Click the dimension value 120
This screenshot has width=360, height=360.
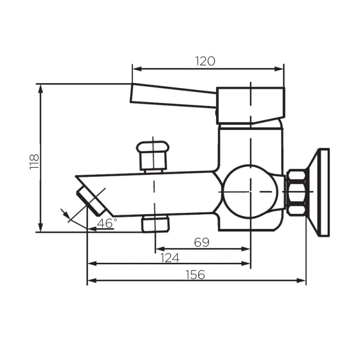(205, 61)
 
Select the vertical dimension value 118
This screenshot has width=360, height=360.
(34, 161)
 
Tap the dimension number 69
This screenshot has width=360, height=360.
(202, 242)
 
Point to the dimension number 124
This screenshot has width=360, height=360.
(170, 257)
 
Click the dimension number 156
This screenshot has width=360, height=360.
(195, 274)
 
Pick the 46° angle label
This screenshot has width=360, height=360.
(107, 223)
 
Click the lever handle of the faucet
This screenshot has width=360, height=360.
(173, 95)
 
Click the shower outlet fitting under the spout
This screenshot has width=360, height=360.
(155, 224)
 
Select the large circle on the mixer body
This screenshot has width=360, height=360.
(249, 191)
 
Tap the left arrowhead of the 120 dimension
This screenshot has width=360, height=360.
(135, 69)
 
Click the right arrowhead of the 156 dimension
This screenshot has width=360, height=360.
(303, 280)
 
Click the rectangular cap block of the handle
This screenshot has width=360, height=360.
(250, 105)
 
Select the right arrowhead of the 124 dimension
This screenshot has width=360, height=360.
(247, 263)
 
